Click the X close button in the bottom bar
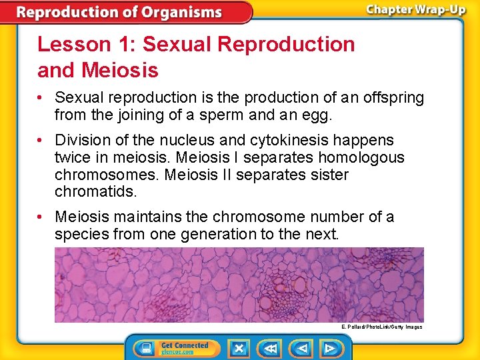point(239,348)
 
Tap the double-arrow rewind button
point(271,348)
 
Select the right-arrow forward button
point(329,348)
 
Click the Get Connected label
point(185,345)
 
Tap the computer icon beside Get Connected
point(145,348)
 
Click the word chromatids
point(95,193)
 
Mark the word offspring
point(391,98)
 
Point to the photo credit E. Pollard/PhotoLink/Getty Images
point(381,327)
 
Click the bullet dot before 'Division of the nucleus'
point(41,141)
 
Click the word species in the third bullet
point(80,235)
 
